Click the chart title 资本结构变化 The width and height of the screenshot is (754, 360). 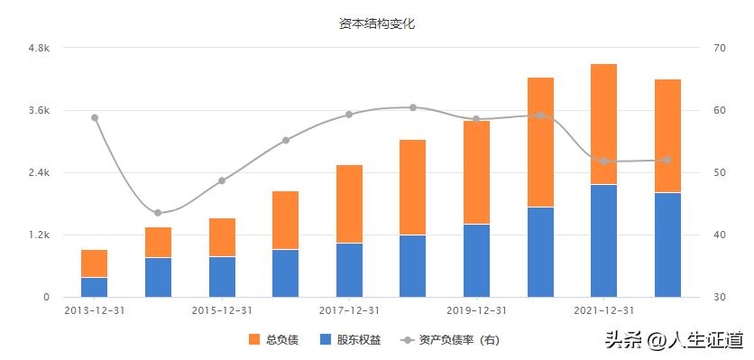[377, 24]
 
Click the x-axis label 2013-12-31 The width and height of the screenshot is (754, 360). [94, 309]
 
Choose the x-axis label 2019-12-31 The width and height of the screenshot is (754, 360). [476, 309]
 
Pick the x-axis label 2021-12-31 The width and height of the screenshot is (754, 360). [603, 309]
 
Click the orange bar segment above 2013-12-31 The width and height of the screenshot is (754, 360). [94, 263]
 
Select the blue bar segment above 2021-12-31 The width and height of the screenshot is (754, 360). [603, 241]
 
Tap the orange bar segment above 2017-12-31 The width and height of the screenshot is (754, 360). [349, 204]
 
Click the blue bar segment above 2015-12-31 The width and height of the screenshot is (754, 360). [222, 277]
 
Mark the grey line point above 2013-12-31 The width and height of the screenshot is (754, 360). [94, 117]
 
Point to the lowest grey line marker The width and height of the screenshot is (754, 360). [158, 213]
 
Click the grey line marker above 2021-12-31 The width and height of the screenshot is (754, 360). [603, 162]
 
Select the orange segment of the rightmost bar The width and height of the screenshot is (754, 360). [667, 135]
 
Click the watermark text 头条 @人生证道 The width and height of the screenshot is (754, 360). [674, 340]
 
